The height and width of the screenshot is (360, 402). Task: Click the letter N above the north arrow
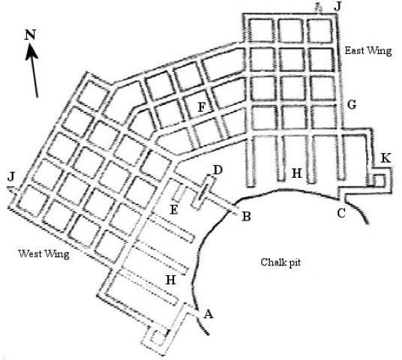tap(30, 34)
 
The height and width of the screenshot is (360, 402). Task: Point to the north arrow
tap(33, 70)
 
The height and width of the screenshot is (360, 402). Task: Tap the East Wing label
tap(368, 51)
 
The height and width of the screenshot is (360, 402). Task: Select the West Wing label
tap(43, 254)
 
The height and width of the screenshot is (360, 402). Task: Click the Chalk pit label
tap(280, 262)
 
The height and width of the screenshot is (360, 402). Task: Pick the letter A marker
tap(208, 313)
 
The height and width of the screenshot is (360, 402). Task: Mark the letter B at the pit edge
tap(246, 217)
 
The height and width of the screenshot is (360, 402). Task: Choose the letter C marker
tap(341, 213)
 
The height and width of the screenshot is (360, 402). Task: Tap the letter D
tap(217, 169)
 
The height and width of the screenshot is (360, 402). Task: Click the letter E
tap(174, 210)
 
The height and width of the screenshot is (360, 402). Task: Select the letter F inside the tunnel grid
tap(202, 107)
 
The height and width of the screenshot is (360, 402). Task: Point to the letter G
tap(352, 104)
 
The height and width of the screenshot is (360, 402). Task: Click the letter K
tap(385, 158)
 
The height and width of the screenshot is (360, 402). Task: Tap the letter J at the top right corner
tap(338, 7)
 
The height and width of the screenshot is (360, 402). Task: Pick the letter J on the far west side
tap(10, 176)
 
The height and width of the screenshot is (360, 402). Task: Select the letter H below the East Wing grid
tap(297, 173)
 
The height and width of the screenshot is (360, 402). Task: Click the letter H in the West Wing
tap(171, 280)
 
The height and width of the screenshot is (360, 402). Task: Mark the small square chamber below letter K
tap(379, 179)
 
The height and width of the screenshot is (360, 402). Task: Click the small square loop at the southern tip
tap(157, 340)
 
